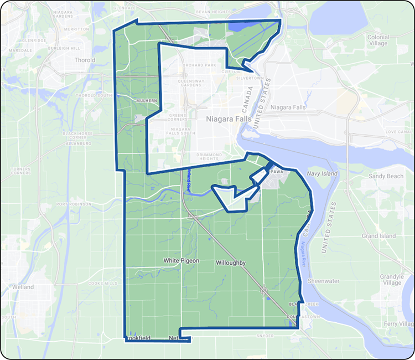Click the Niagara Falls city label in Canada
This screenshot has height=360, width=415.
[229, 119]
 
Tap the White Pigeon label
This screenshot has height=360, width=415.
[181, 260]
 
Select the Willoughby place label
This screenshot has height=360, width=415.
[231, 263]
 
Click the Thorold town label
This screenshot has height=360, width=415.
[85, 60]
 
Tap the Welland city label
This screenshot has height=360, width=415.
[24, 287]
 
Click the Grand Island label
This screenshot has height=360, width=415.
[378, 236]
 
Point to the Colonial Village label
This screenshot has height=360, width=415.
[378, 40]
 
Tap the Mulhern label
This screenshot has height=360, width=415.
[147, 101]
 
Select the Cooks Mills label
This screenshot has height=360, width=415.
[102, 284]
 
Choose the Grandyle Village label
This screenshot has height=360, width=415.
[392, 279]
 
